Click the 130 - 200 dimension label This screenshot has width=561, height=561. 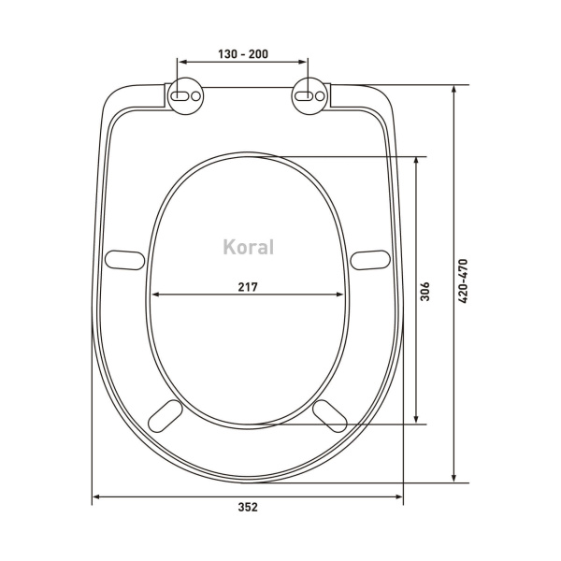coord(243,54)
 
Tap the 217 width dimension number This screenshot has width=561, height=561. coord(248,287)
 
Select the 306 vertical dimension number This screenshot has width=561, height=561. coord(424,292)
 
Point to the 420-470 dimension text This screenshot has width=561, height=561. coord(463,281)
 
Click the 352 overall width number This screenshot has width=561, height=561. coord(248,507)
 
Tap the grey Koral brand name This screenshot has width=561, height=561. coord(249,247)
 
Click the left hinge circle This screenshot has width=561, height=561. coord(186,96)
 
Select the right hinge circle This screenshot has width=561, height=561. coord(309,96)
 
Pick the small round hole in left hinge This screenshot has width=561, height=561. coord(195,96)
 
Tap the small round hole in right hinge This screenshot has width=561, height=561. coord(320,96)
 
